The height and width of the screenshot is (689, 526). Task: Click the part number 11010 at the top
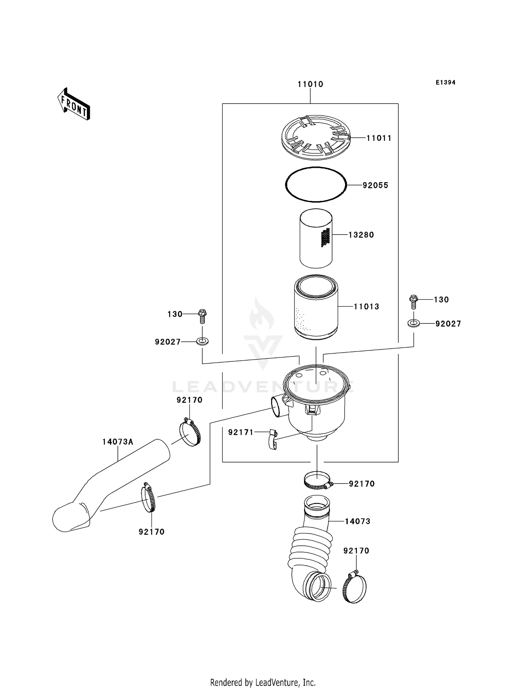pos(310,84)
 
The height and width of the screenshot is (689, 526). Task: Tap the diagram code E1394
pos(445,83)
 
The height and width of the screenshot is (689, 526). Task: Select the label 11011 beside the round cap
pos(379,138)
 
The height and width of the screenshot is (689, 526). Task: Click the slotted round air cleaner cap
pos(316,137)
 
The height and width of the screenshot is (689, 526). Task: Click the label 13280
pos(361,235)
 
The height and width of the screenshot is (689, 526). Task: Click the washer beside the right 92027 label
pos(414,323)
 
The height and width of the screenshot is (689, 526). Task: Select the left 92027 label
pos(168,342)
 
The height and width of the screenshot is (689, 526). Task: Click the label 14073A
pos(117,442)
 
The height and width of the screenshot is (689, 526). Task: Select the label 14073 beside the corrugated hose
pos(357,521)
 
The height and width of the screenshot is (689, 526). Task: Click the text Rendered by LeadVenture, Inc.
pos(263,682)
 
